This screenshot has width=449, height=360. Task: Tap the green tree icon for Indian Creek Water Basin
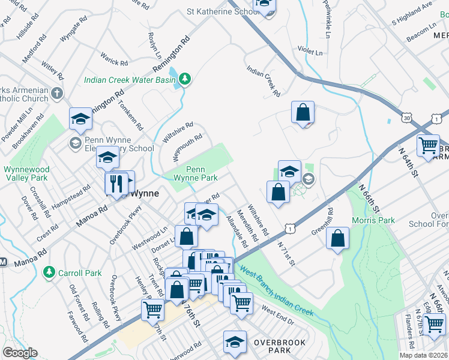[x=185, y=79]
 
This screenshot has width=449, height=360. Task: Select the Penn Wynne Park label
[x=195, y=173]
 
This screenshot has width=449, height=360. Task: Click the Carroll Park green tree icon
[x=49, y=272]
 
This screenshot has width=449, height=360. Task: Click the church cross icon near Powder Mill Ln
[x=57, y=94]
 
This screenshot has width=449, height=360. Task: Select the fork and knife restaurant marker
[x=116, y=183]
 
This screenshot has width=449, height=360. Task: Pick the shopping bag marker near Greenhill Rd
[x=339, y=238]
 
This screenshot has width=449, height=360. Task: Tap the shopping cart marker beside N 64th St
[x=428, y=145]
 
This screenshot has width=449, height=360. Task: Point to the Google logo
[x=20, y=353]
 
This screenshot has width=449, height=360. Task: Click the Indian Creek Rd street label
[x=264, y=81]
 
